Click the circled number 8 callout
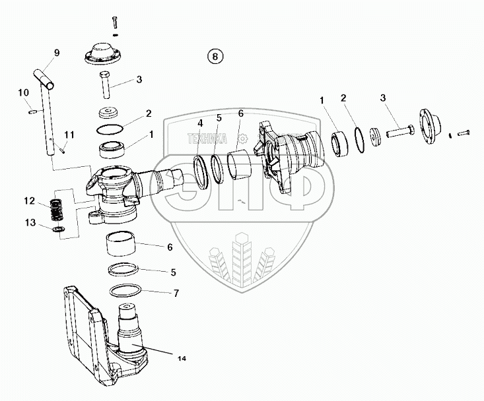[214, 56]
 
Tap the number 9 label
[57, 53]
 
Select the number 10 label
[22, 92]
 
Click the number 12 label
[29, 200]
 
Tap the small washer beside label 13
[58, 228]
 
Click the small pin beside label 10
[31, 111]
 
